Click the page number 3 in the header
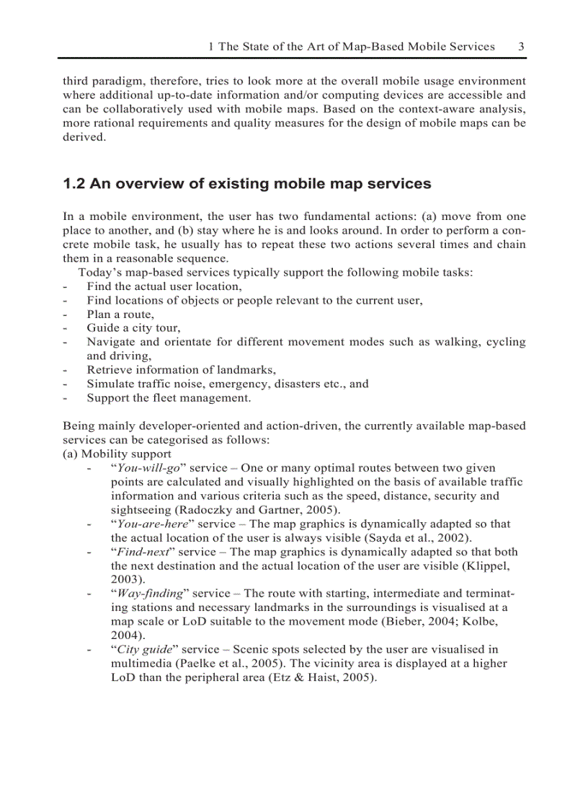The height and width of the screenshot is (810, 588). click(521, 46)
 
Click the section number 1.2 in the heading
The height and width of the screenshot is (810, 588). click(74, 184)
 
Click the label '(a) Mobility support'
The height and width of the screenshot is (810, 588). click(117, 454)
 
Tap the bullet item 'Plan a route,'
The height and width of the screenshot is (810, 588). click(120, 314)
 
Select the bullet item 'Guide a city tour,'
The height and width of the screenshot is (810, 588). click(133, 328)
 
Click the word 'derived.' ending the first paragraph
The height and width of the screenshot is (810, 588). click(84, 137)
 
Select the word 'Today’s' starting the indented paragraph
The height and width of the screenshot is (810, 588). click(100, 273)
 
